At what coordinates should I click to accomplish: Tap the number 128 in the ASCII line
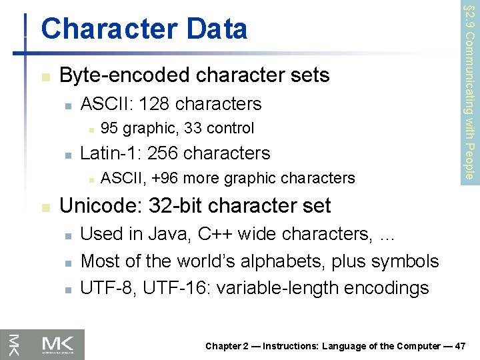[153, 104]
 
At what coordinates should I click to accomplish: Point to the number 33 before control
[192, 128]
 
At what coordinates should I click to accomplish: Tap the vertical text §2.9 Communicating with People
[469, 90]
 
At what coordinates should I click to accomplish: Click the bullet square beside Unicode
[45, 207]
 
